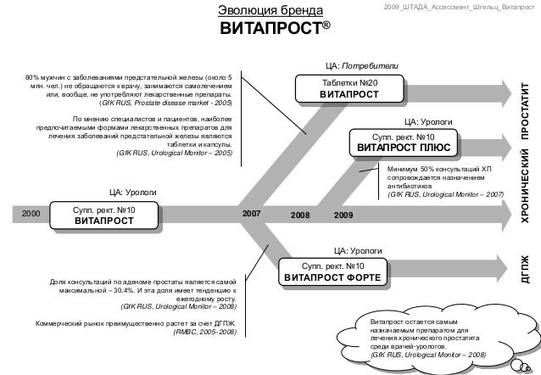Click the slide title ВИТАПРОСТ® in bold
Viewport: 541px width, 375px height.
click(276, 32)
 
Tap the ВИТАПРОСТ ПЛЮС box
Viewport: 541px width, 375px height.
click(404, 143)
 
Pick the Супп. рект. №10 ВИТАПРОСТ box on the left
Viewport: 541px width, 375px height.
click(104, 215)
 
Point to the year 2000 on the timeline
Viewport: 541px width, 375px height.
click(31, 215)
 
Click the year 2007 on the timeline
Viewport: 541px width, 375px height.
click(252, 215)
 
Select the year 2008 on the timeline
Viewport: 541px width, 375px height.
click(300, 216)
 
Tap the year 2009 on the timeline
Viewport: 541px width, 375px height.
click(343, 216)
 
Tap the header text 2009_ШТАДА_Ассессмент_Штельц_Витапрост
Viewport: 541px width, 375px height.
click(459, 7)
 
